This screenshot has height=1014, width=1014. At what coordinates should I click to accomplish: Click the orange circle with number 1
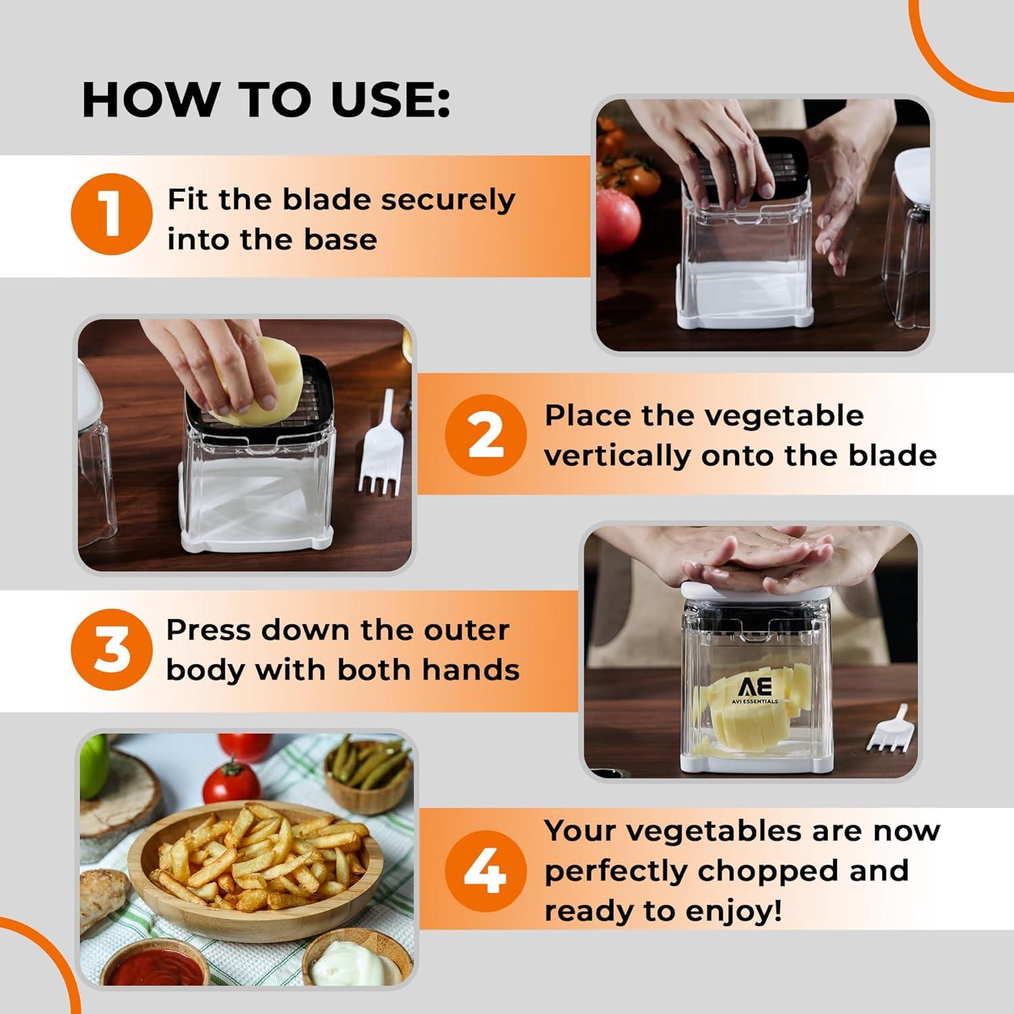pos(112,214)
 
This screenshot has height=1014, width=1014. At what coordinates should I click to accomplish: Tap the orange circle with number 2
pos(485,435)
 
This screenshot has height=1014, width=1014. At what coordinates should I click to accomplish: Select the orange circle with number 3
pos(112,649)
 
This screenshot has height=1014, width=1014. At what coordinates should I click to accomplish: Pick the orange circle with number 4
pos(485,871)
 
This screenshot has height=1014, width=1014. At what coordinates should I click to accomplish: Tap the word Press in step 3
pos(208,630)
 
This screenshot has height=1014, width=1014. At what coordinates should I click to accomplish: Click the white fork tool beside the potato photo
pos(381,446)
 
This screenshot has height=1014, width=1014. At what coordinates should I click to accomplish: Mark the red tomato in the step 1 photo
pos(617,220)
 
